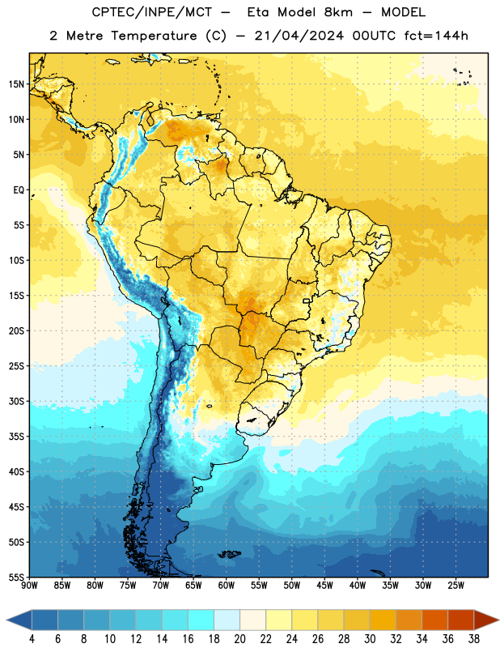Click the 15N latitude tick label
16,84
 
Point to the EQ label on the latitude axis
19,190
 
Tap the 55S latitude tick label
16,577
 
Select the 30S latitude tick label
16,401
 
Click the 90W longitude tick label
29,586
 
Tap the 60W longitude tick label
227,586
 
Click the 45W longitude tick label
325,586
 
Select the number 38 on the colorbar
474,639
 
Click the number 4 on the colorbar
32,639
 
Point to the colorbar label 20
239,639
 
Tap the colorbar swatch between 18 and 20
227,620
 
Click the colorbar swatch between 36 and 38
461,620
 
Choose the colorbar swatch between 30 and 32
383,620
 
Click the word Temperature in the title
154,36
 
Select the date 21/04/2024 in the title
299,36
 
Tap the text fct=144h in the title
436,36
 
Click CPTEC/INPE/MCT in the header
152,13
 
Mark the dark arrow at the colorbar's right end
486,620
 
